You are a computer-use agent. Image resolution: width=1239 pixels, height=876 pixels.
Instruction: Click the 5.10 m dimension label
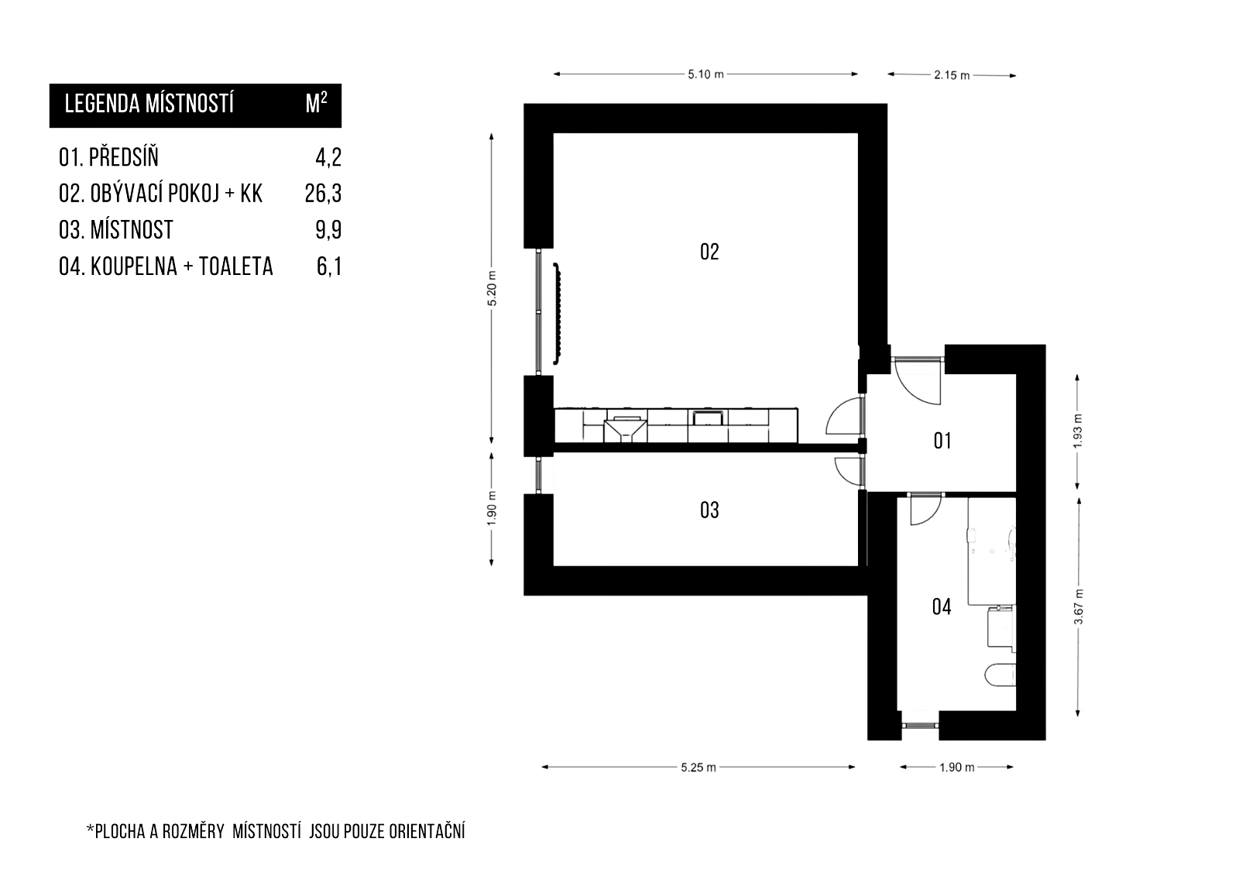click(705, 74)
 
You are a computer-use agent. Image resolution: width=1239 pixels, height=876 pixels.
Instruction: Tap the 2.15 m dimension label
click(952, 75)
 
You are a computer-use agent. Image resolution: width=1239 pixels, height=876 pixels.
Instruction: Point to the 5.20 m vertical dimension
click(492, 288)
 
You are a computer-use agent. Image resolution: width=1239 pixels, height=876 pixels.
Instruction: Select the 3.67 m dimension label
click(1078, 607)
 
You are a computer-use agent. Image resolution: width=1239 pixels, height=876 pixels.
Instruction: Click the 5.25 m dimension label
click(698, 768)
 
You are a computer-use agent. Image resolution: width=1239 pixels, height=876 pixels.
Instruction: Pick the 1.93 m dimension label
click(1077, 431)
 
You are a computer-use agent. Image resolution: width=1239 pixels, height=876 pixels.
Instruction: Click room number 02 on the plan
click(709, 252)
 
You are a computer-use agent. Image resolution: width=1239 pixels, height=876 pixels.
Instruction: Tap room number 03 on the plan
click(709, 510)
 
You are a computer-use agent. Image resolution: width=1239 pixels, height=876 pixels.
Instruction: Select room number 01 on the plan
click(942, 441)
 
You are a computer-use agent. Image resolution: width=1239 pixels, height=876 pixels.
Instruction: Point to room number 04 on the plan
click(942, 607)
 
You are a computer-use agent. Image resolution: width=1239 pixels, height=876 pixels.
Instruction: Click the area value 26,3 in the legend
click(323, 194)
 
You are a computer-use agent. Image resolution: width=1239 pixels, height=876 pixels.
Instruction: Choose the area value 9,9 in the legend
click(328, 230)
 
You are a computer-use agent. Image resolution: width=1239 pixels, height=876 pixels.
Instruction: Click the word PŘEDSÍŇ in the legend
click(124, 157)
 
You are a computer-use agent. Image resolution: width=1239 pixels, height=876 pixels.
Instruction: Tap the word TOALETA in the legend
click(235, 266)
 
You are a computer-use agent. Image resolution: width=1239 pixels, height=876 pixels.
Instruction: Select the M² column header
click(317, 103)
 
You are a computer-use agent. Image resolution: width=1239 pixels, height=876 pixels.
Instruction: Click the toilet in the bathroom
click(1000, 675)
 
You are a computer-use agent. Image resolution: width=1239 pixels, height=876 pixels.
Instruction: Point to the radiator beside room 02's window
click(557, 314)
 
